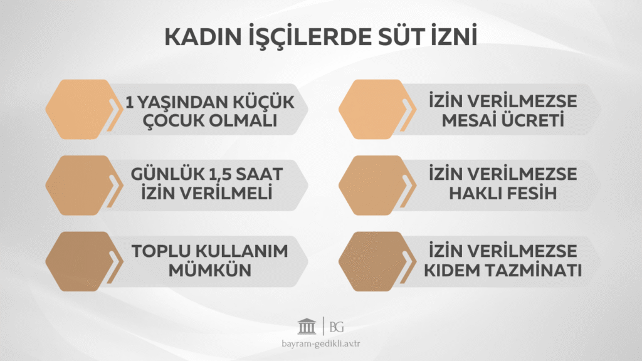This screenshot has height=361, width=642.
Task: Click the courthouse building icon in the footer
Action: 307,327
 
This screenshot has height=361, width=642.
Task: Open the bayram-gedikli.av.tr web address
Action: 321,345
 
